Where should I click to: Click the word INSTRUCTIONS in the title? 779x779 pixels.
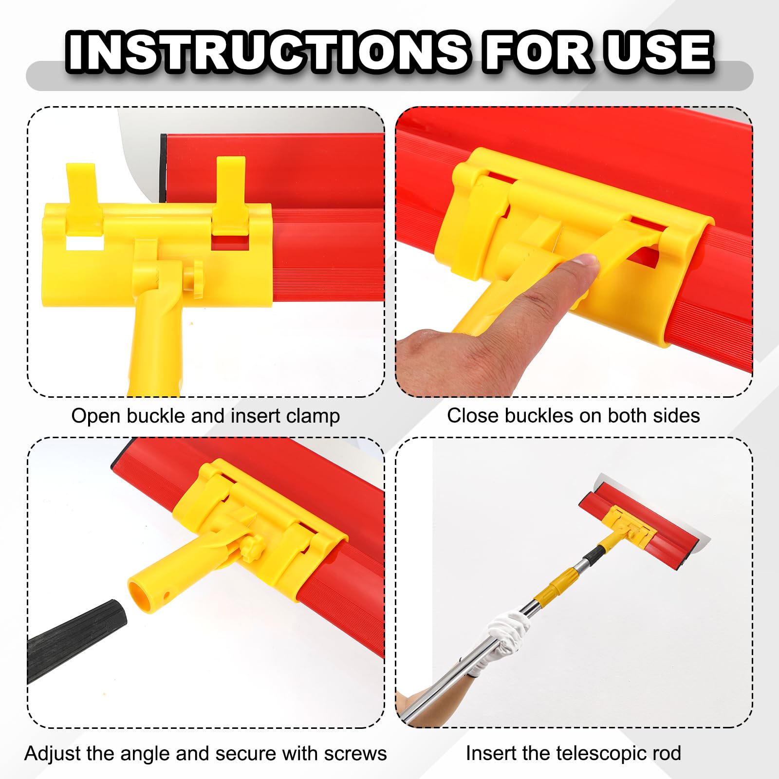268,52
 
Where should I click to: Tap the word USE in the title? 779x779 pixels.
659,52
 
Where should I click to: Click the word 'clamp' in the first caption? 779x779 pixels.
313,417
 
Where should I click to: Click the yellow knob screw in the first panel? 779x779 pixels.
197,278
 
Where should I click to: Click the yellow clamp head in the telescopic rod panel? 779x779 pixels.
628,523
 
